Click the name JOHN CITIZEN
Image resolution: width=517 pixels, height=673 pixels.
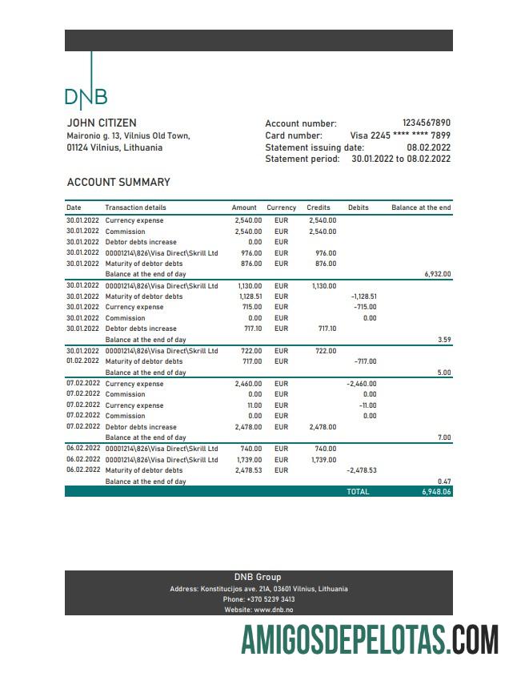[102, 123]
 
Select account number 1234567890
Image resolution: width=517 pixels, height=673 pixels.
[426, 123]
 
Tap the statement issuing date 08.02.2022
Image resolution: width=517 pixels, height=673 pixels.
[428, 147]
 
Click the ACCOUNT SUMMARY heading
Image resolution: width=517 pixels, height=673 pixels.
[118, 183]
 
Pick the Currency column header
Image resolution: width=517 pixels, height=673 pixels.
[281, 208]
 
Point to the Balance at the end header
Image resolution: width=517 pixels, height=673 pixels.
[421, 208]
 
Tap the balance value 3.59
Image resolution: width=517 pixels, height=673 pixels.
[444, 340]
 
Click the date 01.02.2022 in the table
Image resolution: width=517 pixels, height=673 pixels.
[83, 361]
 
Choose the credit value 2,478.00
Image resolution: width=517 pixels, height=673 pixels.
[322, 427]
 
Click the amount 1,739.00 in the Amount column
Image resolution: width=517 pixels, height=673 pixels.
[250, 460]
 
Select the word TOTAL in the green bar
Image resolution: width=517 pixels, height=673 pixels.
[358, 491]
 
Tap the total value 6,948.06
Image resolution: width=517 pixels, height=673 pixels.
[436, 491]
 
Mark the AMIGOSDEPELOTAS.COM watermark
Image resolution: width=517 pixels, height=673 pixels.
[371, 640]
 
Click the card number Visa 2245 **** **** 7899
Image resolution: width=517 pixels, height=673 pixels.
[400, 135]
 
